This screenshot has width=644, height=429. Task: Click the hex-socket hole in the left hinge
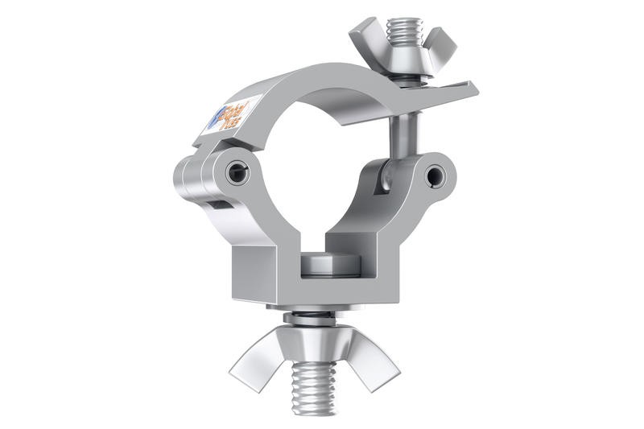pyautogui.click(x=235, y=172)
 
